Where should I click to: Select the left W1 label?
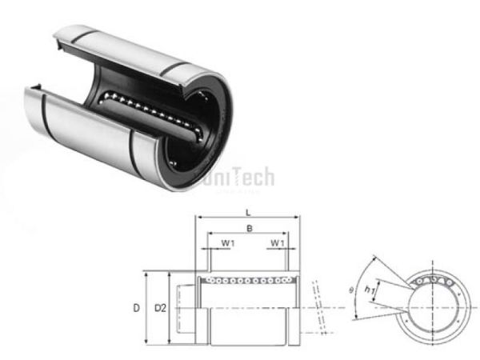click(x=228, y=242)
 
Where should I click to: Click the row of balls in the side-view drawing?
click(x=248, y=280)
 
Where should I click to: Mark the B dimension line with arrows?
click(x=248, y=234)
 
